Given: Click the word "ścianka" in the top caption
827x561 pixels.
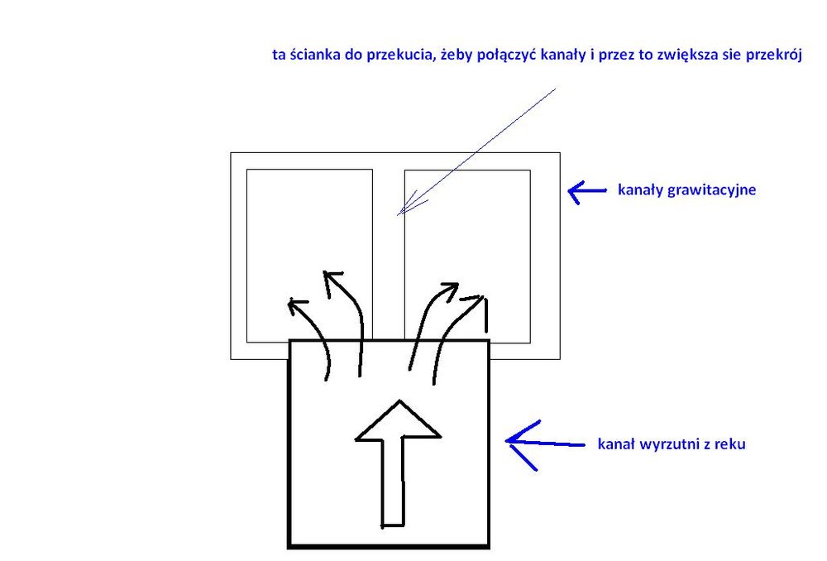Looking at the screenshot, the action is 315,55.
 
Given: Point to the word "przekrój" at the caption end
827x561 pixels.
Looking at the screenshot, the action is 774,55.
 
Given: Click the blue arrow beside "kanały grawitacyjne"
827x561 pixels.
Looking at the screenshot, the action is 587,191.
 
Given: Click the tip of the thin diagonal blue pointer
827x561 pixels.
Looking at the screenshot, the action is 398,215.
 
